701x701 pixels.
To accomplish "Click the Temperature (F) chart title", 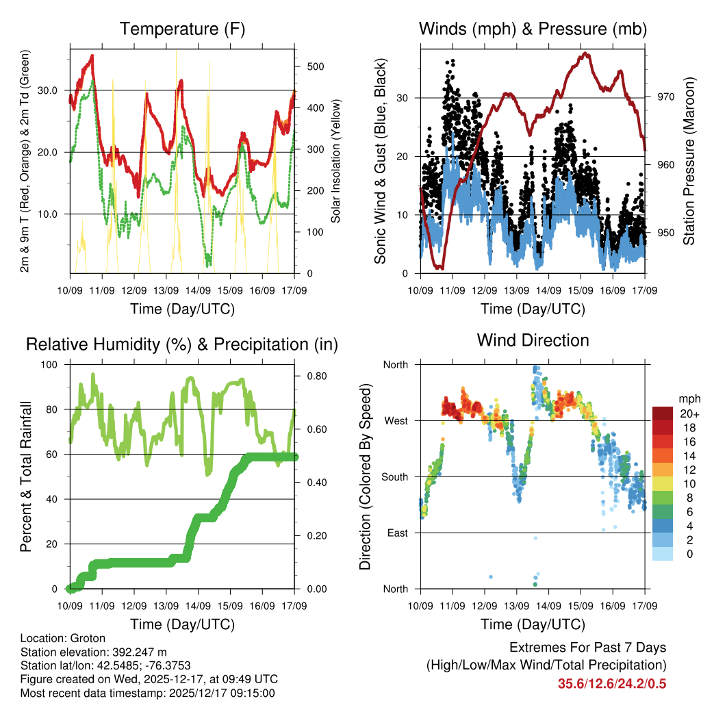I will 182,29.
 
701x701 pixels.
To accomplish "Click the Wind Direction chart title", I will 533,340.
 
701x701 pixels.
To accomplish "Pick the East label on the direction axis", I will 396,533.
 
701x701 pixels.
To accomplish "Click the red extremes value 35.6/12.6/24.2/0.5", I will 611,683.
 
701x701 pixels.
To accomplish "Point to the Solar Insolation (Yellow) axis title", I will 336,160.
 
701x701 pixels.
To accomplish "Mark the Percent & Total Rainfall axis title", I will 25,476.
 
